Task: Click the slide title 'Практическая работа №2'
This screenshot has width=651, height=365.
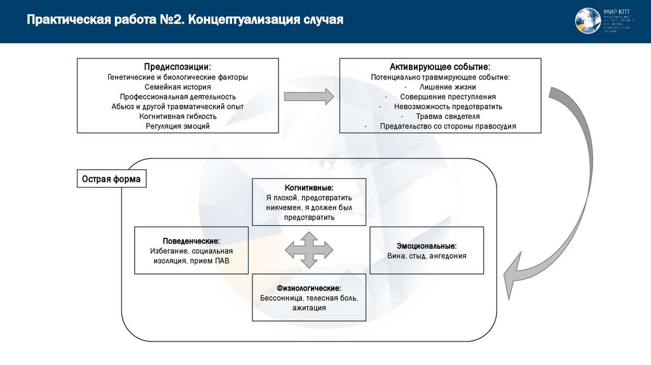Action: tap(184, 20)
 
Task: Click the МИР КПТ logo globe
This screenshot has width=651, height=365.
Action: tap(588, 21)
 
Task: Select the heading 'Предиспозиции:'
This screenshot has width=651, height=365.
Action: tap(177, 67)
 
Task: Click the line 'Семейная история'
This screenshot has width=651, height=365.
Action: tap(177, 86)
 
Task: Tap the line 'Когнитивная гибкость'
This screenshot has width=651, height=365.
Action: tap(177, 116)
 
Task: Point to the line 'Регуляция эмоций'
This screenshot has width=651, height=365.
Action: tap(177, 126)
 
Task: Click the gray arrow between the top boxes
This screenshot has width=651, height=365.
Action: tap(308, 97)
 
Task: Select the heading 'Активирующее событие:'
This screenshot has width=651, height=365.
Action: tap(440, 67)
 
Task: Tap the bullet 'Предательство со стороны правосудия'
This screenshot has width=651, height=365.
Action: tap(448, 126)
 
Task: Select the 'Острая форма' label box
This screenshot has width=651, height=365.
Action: tap(111, 179)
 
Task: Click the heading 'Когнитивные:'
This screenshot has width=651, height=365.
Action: tap(309, 188)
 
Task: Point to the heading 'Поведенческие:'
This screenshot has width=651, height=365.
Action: tap(191, 241)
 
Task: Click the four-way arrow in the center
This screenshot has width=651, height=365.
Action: tap(309, 249)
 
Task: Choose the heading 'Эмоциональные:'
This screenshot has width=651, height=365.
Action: tap(427, 245)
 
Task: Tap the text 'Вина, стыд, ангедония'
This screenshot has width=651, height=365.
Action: tap(427, 256)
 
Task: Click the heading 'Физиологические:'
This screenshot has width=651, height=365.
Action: tap(309, 288)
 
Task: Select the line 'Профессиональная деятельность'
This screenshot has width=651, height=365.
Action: tap(177, 97)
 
